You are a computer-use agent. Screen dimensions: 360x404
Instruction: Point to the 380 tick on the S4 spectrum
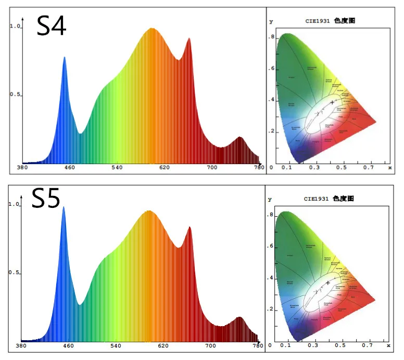click(x=22, y=168)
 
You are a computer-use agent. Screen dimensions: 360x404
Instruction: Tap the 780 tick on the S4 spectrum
click(x=259, y=168)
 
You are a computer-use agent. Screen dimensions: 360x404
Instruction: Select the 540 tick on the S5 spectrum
click(x=117, y=346)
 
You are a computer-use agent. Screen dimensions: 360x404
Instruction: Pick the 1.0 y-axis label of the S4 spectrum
click(x=15, y=26)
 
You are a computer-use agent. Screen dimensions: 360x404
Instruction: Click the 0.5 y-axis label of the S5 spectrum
click(x=15, y=273)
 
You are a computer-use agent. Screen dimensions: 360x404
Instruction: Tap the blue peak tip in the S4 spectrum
click(x=65, y=57)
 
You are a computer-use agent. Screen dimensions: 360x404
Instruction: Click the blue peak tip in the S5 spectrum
click(x=64, y=207)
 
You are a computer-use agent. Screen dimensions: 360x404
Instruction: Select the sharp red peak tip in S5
click(x=190, y=227)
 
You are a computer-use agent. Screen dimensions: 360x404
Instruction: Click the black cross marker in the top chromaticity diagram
click(x=332, y=102)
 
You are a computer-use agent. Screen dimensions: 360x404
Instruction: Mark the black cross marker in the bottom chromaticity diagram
click(x=328, y=282)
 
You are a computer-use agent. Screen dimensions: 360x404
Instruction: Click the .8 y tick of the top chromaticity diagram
click(x=271, y=38)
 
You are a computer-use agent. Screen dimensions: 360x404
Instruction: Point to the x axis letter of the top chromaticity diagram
click(x=390, y=168)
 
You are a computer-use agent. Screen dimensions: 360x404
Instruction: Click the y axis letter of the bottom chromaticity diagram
click(x=270, y=200)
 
